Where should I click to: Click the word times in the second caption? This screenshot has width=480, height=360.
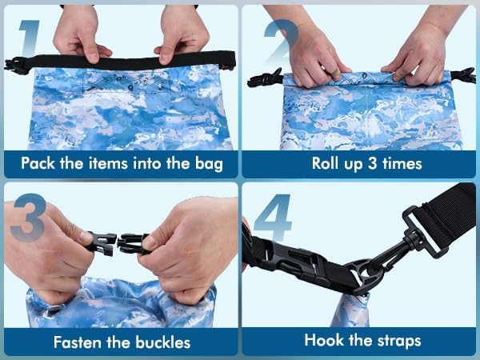pyautogui.click(x=400, y=164)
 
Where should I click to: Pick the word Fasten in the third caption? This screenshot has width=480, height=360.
pyautogui.click(x=78, y=342)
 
